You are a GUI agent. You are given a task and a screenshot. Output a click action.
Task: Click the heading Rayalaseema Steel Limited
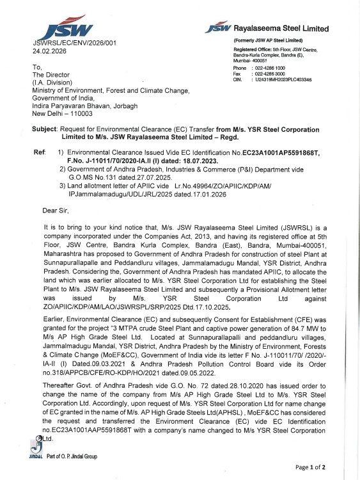click(281, 29)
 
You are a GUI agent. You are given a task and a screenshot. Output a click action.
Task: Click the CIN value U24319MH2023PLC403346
click(283, 80)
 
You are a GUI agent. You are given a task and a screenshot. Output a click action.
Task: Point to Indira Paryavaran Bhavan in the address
click(71, 105)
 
